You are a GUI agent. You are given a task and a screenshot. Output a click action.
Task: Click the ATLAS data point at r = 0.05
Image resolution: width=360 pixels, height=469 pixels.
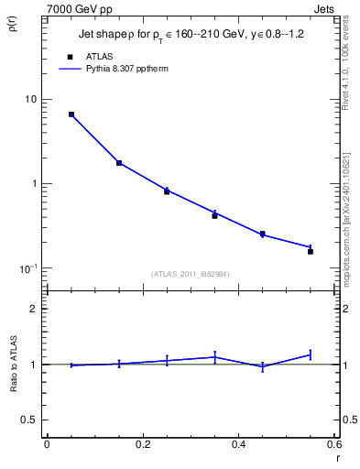pyautogui.click(x=71, y=115)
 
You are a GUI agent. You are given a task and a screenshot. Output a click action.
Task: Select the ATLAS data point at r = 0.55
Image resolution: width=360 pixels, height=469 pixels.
pyautogui.click(x=311, y=251)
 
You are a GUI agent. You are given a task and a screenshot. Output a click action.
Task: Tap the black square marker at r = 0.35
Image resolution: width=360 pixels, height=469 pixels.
pyautogui.click(x=214, y=215)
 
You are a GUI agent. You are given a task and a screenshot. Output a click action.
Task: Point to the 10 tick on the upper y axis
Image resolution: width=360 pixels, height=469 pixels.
pyautogui.click(x=30, y=99)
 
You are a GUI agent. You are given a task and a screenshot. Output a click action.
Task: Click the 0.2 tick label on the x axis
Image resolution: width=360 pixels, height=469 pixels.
pyautogui.click(x=142, y=445)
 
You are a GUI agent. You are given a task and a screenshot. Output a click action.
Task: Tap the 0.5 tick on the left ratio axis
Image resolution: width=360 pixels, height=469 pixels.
pyautogui.click(x=32, y=420)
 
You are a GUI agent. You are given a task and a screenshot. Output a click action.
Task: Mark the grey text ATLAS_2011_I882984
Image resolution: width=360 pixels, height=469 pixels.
pyautogui.click(x=190, y=274)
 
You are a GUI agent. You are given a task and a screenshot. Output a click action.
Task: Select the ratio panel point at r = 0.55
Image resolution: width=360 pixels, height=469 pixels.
pyautogui.click(x=311, y=354)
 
